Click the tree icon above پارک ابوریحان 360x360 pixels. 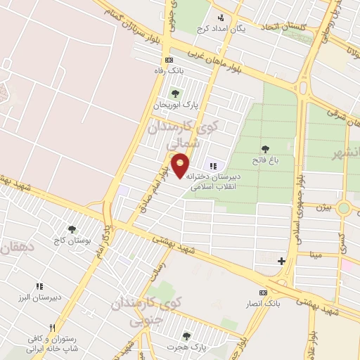click(x=175, y=94)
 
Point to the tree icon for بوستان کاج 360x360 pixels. click(x=72, y=229)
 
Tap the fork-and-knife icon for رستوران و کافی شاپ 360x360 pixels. click(x=52, y=328)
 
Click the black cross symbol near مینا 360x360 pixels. click(x=282, y=261)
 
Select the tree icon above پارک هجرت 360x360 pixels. click(x=186, y=336)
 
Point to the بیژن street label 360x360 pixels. click(x=323, y=207)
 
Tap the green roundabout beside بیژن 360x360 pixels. click(x=344, y=208)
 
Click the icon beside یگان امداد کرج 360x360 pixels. click(x=221, y=18)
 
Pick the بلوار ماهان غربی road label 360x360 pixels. click(x=212, y=60)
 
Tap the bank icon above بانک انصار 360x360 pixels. click(x=263, y=292)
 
